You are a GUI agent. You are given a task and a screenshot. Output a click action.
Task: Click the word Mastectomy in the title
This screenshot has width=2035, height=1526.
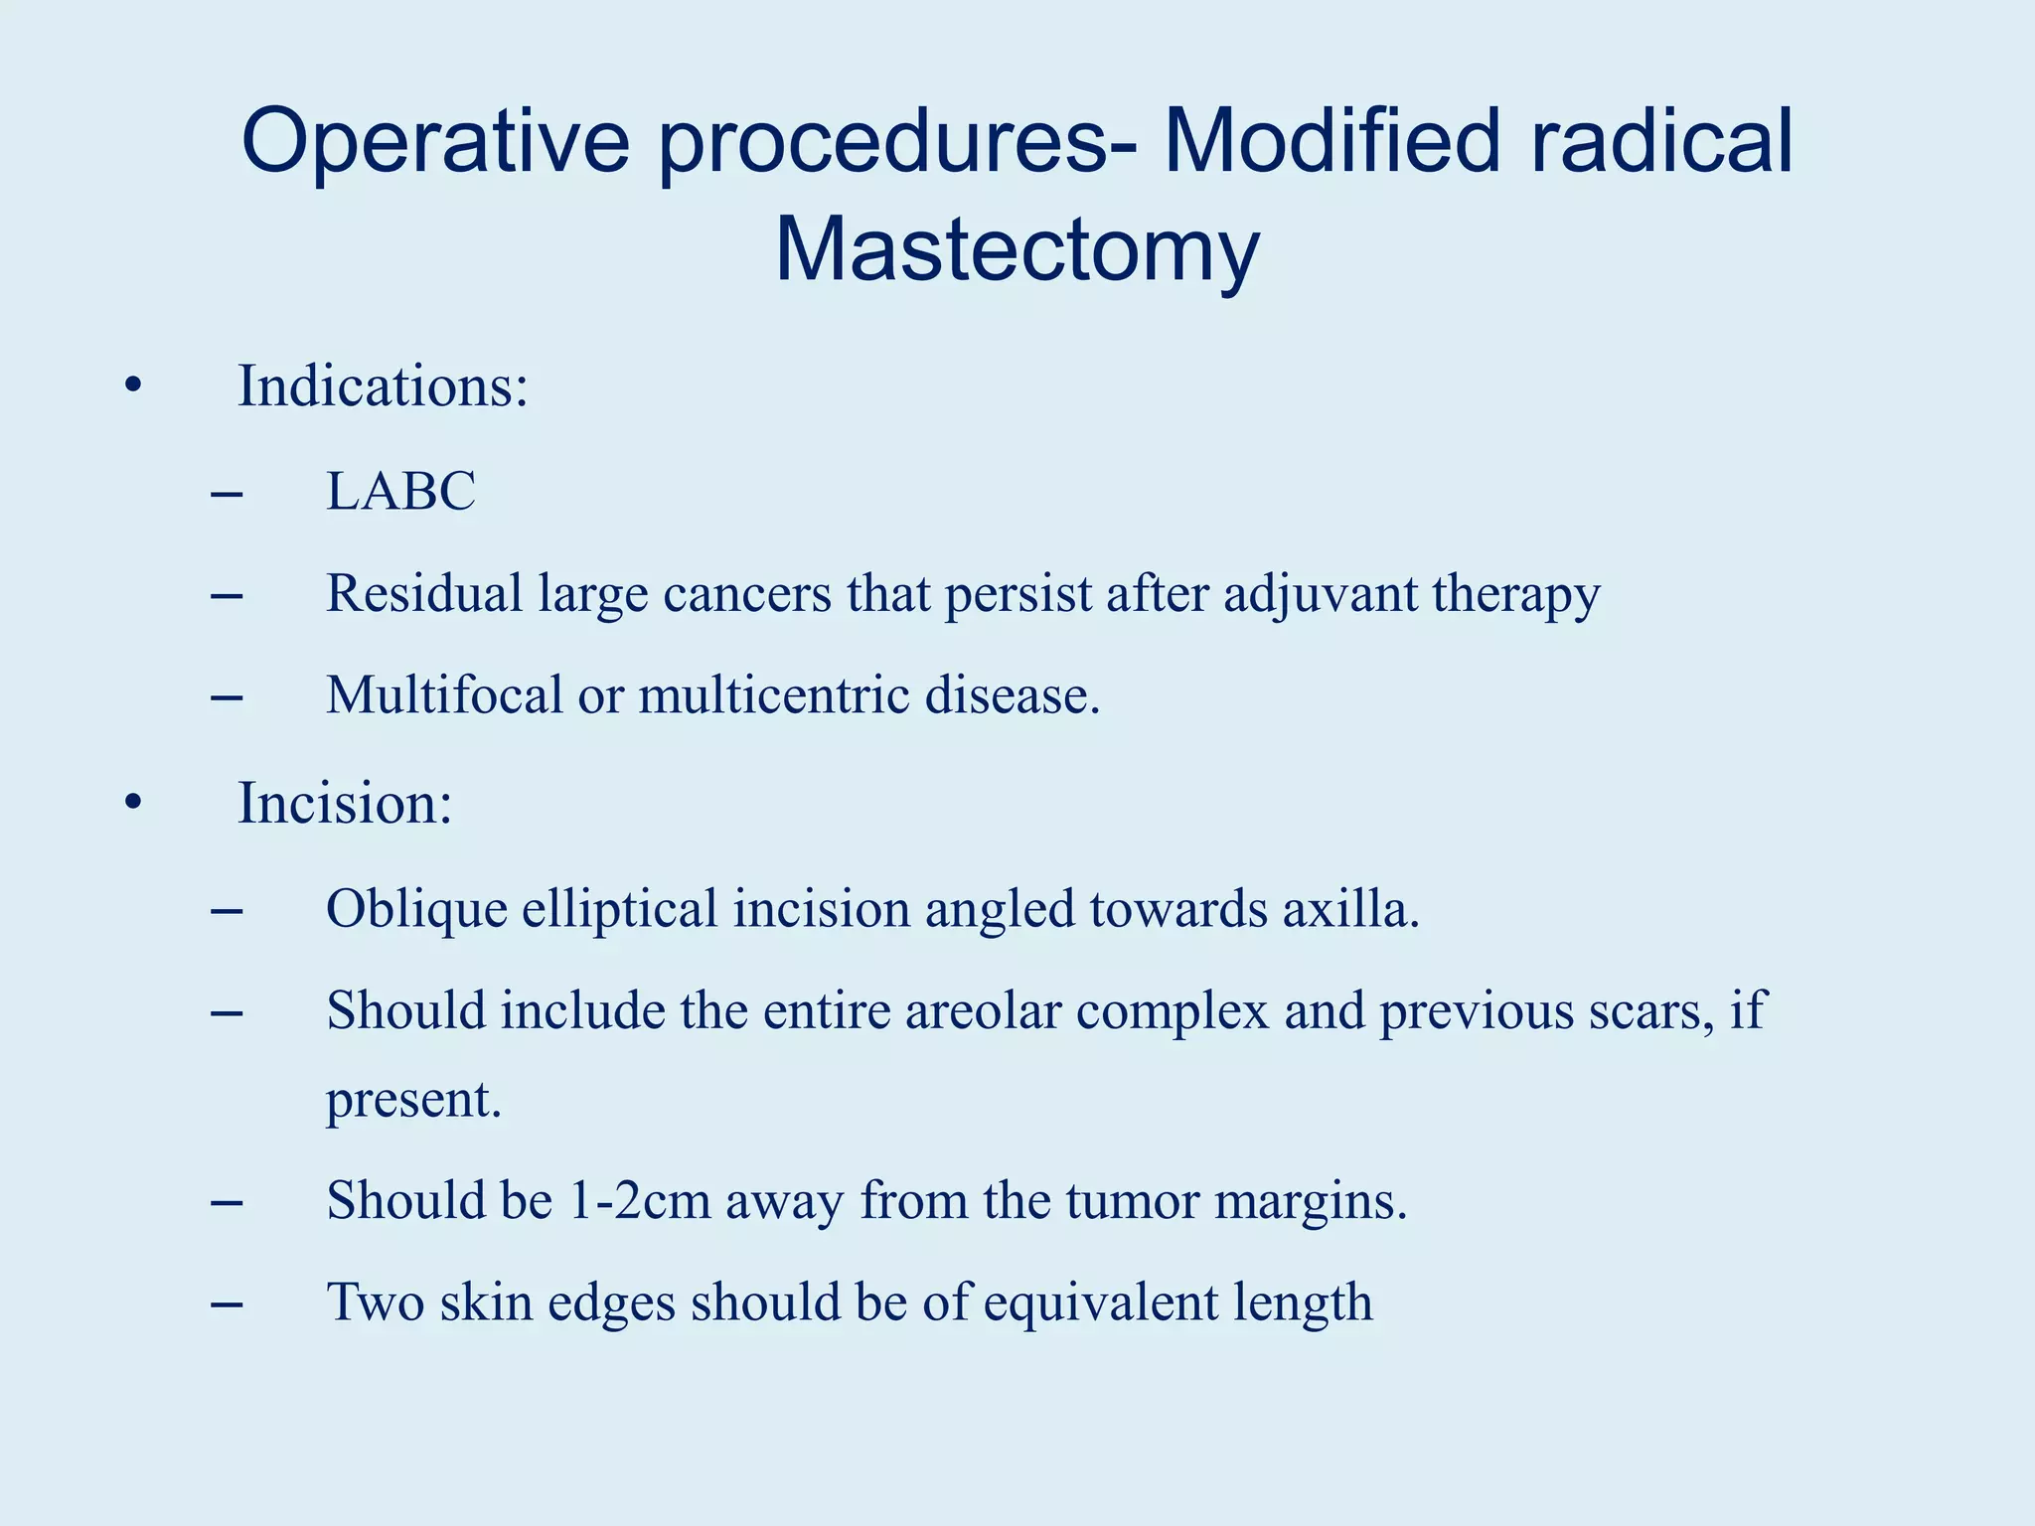(x=1017, y=250)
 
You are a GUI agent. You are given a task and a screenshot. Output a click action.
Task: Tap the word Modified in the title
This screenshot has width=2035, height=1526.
(x=1331, y=141)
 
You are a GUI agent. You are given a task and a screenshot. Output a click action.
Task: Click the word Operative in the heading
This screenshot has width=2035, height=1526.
(x=435, y=141)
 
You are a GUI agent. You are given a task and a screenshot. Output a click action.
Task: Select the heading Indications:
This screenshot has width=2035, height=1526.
(x=383, y=386)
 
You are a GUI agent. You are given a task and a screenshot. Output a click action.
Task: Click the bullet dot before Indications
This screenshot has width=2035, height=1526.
(x=133, y=386)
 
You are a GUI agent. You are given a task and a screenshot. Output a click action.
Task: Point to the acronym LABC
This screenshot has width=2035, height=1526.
(x=400, y=491)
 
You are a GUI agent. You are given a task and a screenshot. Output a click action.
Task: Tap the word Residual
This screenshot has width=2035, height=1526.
(x=424, y=594)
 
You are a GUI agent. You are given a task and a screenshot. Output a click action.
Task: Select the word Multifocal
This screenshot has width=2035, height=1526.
(x=444, y=694)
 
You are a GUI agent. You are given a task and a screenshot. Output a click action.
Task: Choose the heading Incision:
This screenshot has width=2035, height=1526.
(x=345, y=803)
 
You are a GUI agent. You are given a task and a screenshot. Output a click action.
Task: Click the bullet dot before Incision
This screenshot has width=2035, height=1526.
(x=133, y=803)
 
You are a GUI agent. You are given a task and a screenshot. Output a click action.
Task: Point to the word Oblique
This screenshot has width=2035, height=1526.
(x=416, y=909)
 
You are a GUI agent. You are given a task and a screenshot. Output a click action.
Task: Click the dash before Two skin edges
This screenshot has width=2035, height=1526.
(x=227, y=1302)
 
